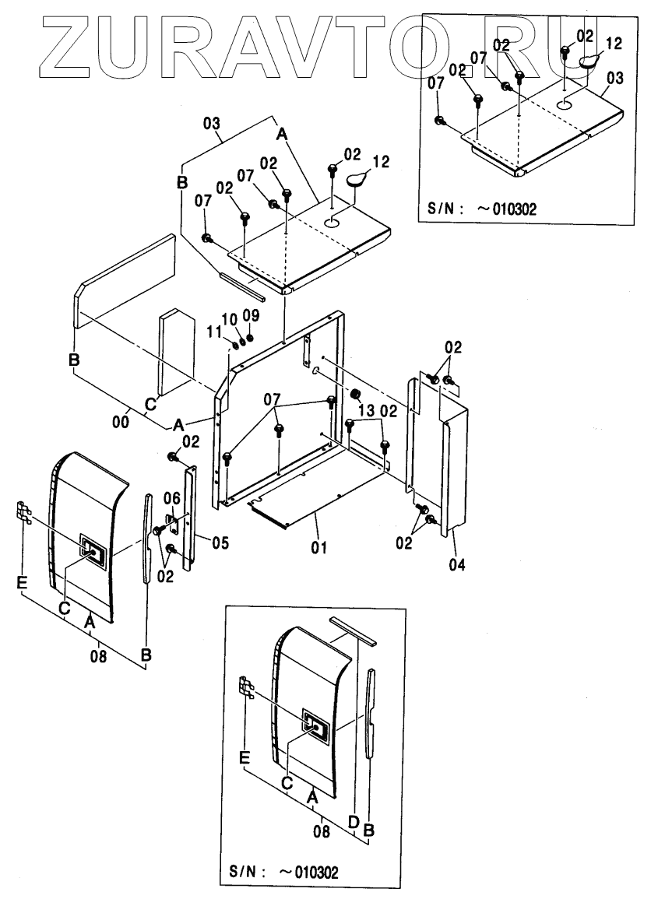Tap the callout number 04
457,565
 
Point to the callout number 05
220,542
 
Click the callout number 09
250,315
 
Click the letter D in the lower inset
353,822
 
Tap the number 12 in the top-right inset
614,44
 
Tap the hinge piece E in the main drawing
23,513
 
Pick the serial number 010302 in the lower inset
314,869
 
